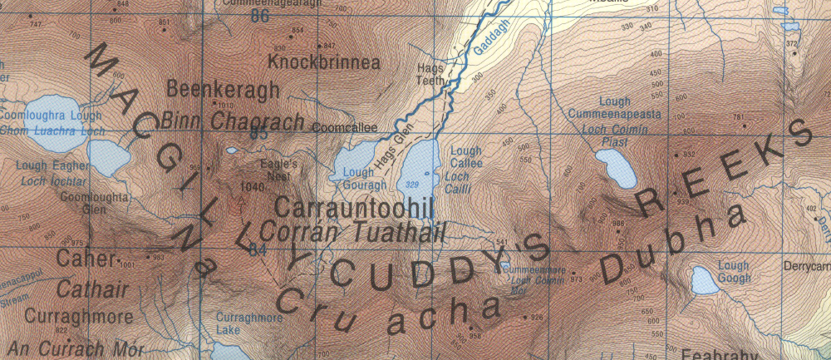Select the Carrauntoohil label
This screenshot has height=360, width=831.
tap(355, 207)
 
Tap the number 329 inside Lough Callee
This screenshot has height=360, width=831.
tap(412, 184)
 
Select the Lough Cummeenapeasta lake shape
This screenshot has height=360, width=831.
tap(616, 170)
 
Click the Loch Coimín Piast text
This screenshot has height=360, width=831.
tap(614, 136)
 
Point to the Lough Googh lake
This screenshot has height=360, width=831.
tap(706, 280)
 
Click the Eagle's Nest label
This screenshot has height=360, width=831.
tap(278, 170)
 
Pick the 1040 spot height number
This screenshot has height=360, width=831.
tap(252, 186)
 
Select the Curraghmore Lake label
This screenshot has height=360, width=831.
tap(238, 323)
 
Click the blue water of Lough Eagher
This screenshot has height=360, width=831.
tap(107, 155)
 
